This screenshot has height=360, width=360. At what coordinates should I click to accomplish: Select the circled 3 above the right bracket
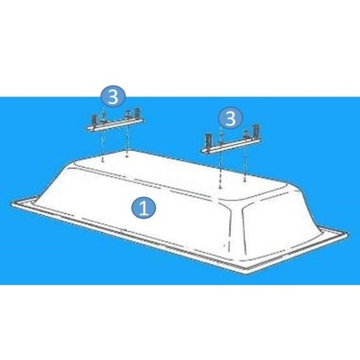(x=230, y=119)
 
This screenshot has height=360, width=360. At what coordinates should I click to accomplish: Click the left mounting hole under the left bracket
(x=106, y=158)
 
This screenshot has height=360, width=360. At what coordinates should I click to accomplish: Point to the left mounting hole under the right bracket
(x=219, y=181)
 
